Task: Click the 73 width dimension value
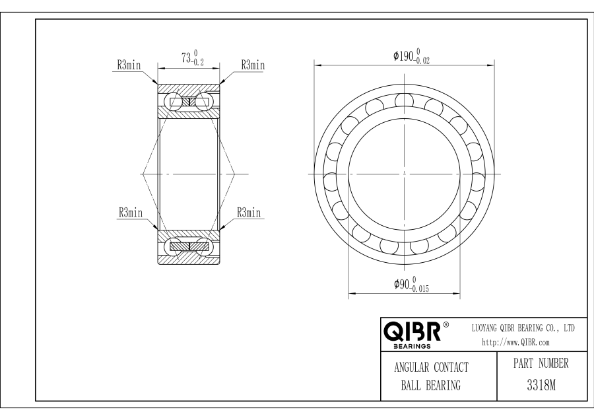(186, 57)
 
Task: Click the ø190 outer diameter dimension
(411, 56)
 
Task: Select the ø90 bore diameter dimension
(411, 285)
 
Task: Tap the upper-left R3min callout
(129, 65)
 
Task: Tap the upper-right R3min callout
(253, 65)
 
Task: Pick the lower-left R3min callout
(131, 212)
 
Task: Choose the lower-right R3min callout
(249, 212)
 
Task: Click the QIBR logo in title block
(412, 332)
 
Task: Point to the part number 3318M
(541, 385)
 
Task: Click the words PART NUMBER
(541, 363)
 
